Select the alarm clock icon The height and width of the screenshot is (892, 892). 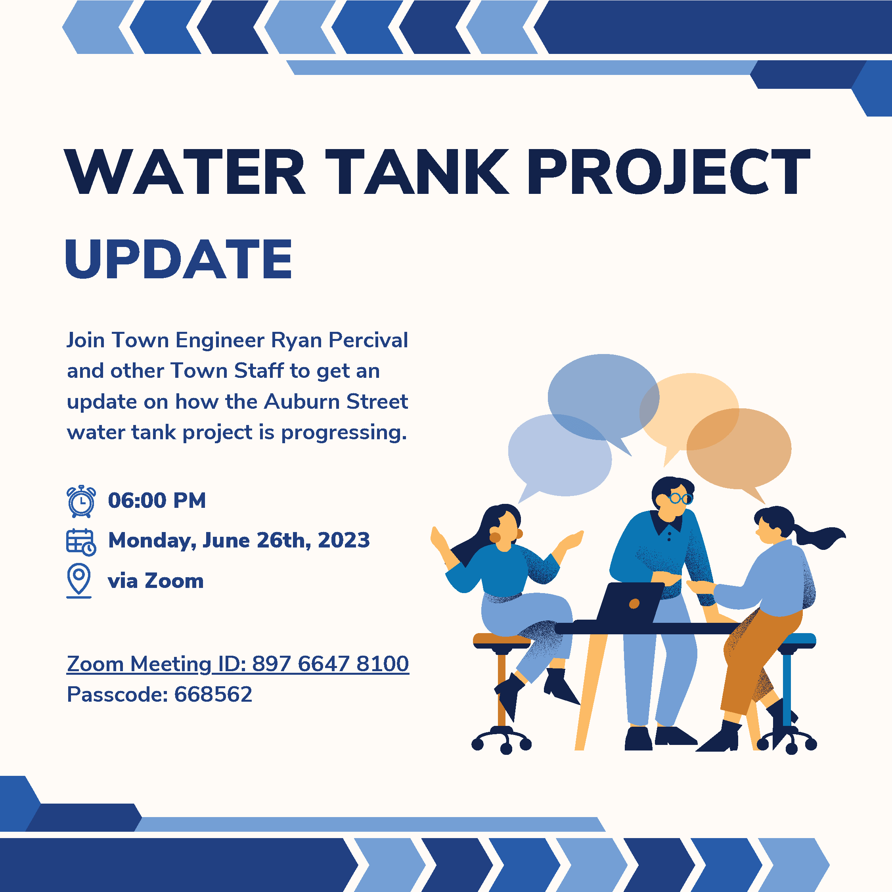[x=81, y=501]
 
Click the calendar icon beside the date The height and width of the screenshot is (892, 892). [x=81, y=542]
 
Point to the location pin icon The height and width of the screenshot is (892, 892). [x=79, y=581]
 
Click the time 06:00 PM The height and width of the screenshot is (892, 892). [x=157, y=500]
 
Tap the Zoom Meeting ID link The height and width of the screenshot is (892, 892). [x=238, y=664]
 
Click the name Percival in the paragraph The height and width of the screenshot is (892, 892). [x=368, y=340]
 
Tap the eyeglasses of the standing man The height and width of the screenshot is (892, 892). [x=681, y=499]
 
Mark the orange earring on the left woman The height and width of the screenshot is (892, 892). [x=494, y=538]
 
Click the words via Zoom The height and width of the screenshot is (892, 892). [x=155, y=581]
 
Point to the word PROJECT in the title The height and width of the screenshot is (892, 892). [x=668, y=172]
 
